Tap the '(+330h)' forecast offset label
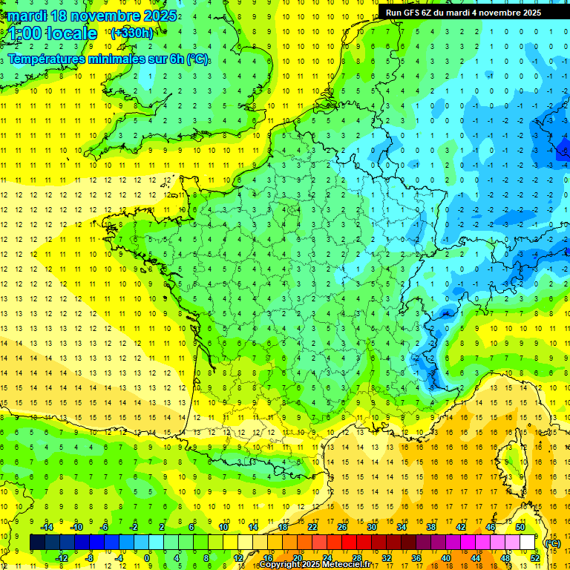pyautogui.click(x=131, y=33)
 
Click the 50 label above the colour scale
pyautogui.click(x=520, y=527)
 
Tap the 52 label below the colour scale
pyautogui.click(x=535, y=558)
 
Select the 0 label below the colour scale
pyautogui.click(x=148, y=558)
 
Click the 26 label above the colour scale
pyautogui.click(x=341, y=527)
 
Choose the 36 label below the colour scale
pyautogui.click(x=416, y=558)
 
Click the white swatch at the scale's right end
pyautogui.click(x=527, y=542)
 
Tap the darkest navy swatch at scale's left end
pyautogui.click(x=37, y=542)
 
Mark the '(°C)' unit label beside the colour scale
pyautogui.click(x=552, y=543)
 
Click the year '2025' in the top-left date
pyautogui.click(x=160, y=16)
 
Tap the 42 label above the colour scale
pyautogui.click(x=460, y=527)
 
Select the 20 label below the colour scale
pyautogui.click(x=297, y=558)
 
